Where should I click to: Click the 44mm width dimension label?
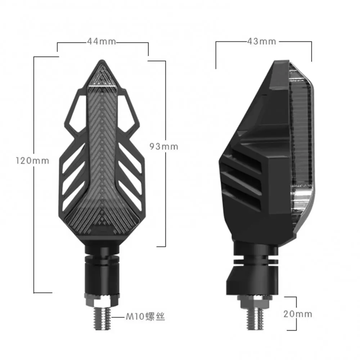[x=101, y=41]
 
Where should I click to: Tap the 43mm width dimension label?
[x=262, y=41]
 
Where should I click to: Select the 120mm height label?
[x=32, y=161]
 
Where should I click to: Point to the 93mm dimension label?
[x=164, y=147]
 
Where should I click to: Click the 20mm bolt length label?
[x=298, y=314]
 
